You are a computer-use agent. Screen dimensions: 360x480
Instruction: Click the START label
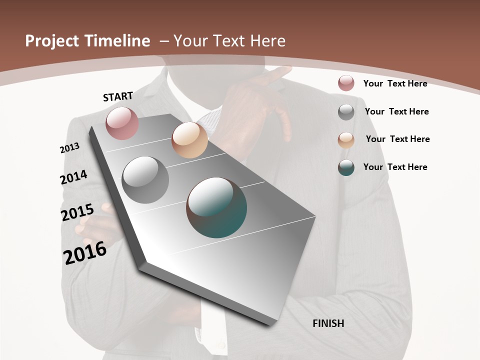[118, 96]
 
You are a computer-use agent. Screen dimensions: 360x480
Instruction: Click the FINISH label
[328, 323]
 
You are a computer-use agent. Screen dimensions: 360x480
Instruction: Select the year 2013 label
[69, 147]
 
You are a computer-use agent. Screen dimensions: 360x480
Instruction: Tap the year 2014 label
[73, 177]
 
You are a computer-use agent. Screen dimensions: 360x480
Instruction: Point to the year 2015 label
[77, 212]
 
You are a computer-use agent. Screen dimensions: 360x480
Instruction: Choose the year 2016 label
[85, 252]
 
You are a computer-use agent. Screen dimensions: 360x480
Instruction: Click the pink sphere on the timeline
[122, 123]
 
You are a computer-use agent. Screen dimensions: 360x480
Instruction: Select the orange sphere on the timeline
[189, 140]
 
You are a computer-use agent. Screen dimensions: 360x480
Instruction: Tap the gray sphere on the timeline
[145, 180]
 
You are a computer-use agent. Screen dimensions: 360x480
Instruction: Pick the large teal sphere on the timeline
[216, 207]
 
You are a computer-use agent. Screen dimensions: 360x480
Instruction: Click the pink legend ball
[346, 83]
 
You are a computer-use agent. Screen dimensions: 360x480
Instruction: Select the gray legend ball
[346, 112]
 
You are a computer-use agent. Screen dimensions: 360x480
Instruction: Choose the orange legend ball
[346, 139]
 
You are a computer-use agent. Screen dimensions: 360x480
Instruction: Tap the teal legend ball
[346, 167]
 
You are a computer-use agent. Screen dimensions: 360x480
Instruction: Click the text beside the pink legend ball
[395, 83]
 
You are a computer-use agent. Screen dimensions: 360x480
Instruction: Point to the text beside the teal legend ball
[395, 167]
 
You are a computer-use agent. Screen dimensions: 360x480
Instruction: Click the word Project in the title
[52, 41]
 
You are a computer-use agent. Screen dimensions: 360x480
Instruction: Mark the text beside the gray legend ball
[396, 111]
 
